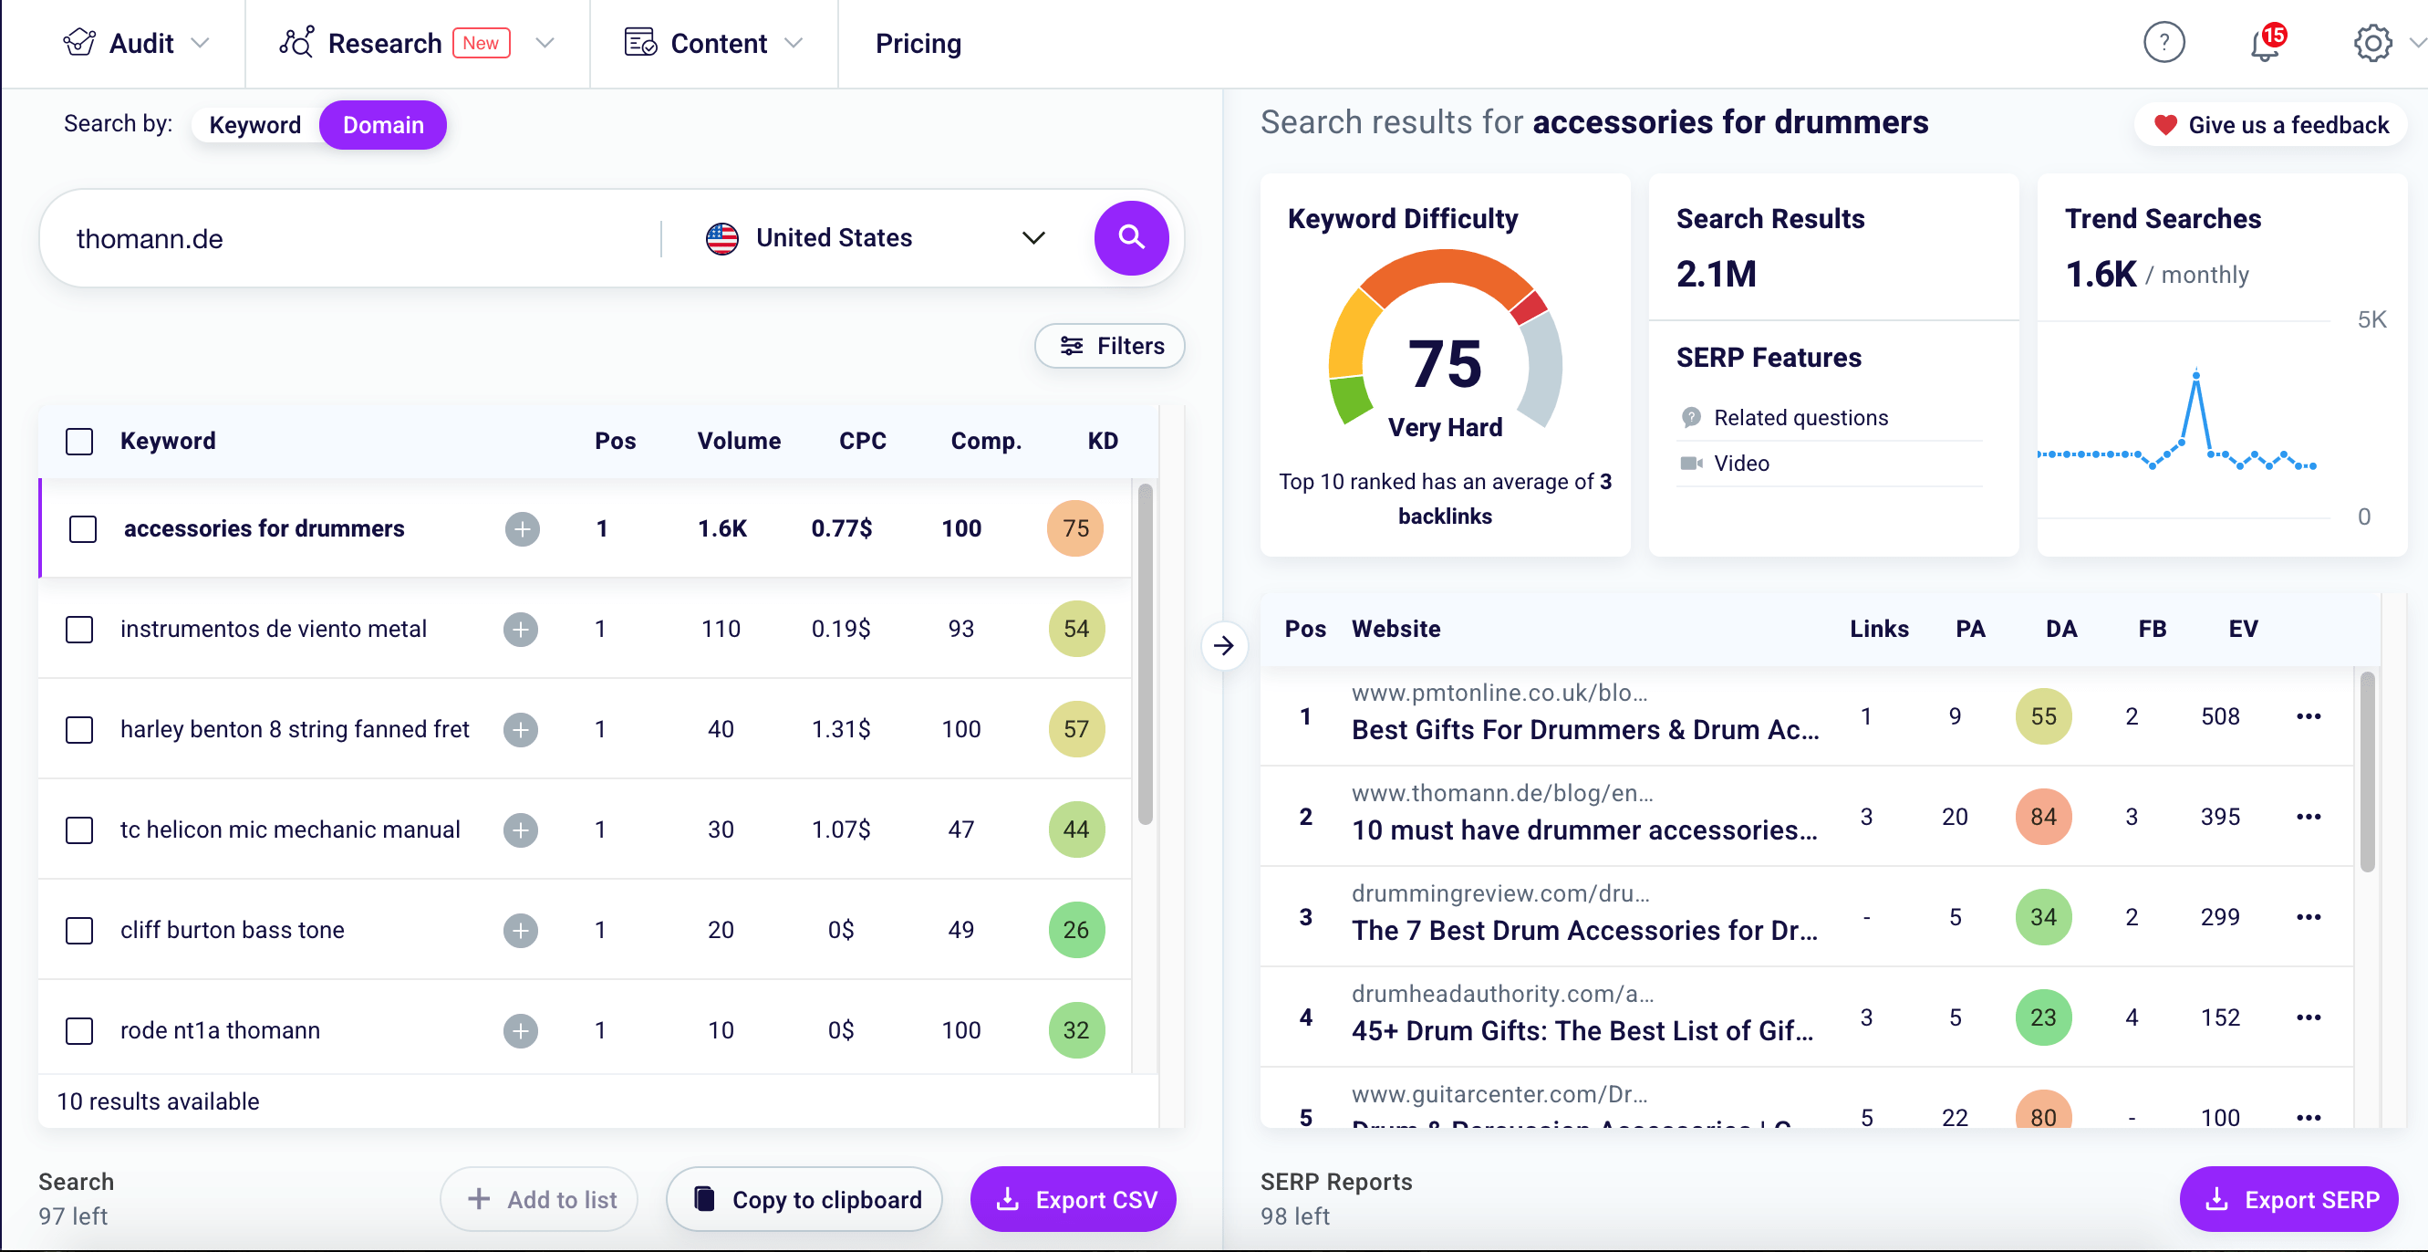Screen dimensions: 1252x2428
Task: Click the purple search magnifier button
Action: (x=1130, y=237)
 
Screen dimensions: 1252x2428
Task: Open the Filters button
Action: (x=1109, y=346)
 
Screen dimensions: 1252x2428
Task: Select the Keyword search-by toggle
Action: (x=254, y=125)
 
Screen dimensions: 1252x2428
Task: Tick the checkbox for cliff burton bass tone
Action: (x=80, y=931)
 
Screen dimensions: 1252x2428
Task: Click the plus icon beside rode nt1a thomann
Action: (x=520, y=1030)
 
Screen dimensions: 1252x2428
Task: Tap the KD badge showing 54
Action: (x=1075, y=629)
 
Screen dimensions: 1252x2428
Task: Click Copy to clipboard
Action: (x=805, y=1199)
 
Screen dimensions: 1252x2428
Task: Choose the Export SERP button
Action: (x=2289, y=1199)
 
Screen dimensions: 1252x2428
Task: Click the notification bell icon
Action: (x=2264, y=45)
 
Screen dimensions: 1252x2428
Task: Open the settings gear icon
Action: (x=2372, y=44)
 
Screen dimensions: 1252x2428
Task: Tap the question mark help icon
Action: (x=2164, y=44)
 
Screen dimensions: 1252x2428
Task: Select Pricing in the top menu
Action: (x=918, y=44)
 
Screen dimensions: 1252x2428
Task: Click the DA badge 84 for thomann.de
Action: (x=2042, y=817)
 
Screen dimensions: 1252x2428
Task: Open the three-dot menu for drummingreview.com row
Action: (x=2309, y=917)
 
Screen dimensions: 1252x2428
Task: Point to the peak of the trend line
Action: (x=2196, y=374)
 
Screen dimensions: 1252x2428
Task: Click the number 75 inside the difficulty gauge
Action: (x=1444, y=364)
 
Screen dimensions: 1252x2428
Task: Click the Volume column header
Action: (x=739, y=442)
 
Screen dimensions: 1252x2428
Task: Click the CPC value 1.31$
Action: (x=841, y=729)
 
